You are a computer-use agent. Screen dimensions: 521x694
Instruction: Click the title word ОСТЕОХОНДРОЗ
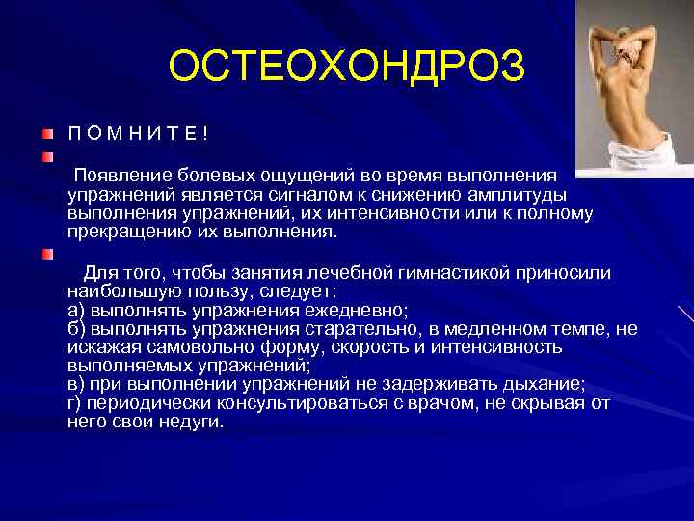tap(347, 67)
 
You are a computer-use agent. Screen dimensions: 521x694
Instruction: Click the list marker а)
tap(77, 310)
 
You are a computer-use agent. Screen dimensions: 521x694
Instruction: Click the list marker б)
tap(77, 329)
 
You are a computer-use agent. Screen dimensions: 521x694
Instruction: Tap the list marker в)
tap(77, 385)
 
